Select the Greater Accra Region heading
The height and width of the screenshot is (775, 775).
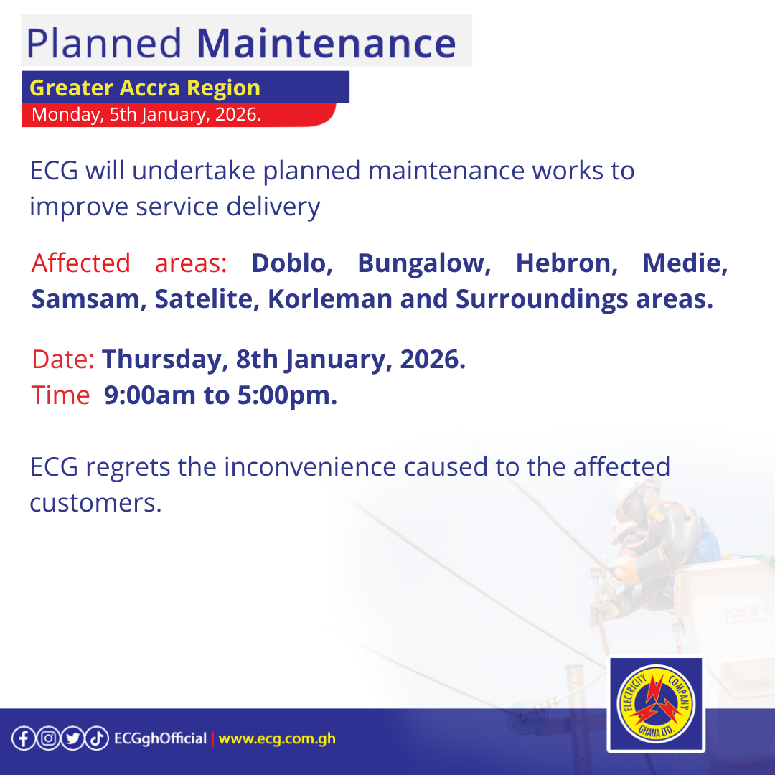coord(145,88)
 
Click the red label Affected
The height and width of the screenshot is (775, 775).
coord(81,263)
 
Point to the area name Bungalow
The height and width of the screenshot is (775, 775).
coord(424,263)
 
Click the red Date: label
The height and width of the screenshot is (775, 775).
coord(63,360)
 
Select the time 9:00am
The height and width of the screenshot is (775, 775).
coord(150,395)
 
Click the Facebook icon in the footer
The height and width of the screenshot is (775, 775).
coord(23,738)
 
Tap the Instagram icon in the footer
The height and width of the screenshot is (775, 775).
coord(47,738)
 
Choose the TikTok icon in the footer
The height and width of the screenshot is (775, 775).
coord(97,738)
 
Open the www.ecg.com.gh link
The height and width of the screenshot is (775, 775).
coord(277,738)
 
